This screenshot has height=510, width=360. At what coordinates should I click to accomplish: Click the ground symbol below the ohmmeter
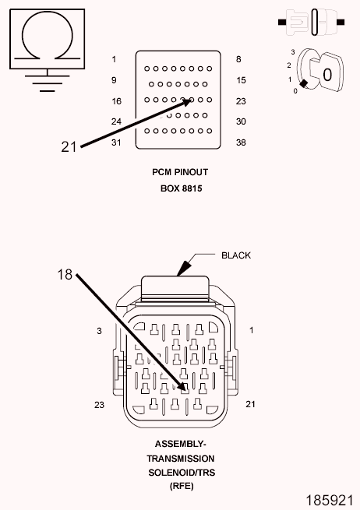coord(48,81)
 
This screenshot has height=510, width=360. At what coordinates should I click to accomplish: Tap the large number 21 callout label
coord(69,147)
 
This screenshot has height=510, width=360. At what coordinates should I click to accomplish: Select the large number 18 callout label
coord(65,275)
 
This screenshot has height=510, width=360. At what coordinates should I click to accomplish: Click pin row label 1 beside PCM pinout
coord(114,59)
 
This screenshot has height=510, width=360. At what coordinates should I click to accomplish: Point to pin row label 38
coord(241,142)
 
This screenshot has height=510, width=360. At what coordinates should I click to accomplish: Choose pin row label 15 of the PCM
coord(242,80)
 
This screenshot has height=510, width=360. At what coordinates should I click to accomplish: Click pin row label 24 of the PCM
coord(116,121)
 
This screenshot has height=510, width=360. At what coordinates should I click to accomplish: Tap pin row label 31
coord(116,142)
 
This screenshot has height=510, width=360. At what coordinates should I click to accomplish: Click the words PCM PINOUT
coord(180,172)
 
